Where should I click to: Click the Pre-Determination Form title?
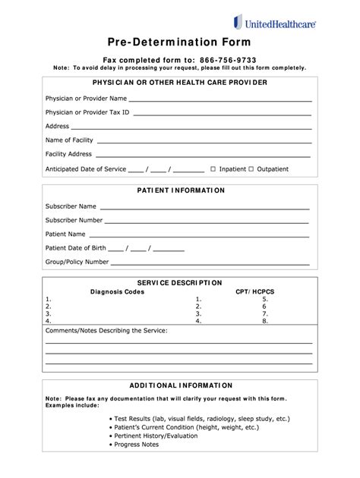180,42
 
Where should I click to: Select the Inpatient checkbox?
213,169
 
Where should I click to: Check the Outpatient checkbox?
253,169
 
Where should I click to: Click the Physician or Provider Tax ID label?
87,112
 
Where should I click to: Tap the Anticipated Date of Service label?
86,169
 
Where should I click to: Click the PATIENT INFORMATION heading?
180,190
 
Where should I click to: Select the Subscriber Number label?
74,220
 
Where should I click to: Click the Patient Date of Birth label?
75,248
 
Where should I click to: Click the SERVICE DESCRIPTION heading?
179,282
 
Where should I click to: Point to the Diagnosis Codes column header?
117,291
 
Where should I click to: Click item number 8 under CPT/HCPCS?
265,321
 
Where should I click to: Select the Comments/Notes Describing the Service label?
106,332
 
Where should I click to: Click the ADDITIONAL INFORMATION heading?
180,385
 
